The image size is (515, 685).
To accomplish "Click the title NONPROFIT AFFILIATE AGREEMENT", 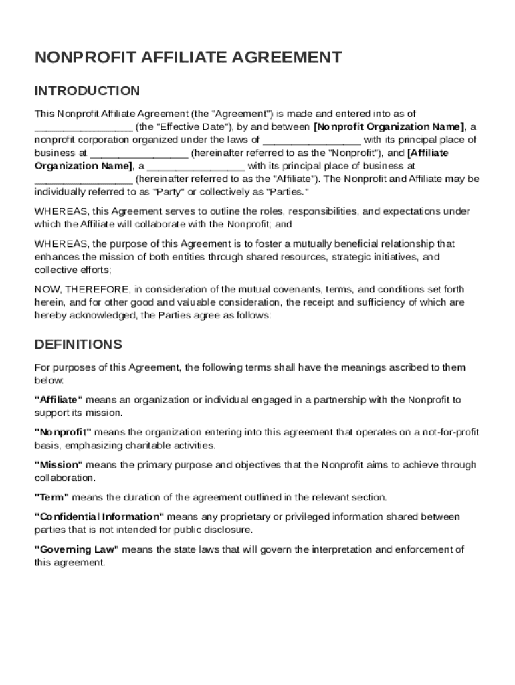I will point(188,57).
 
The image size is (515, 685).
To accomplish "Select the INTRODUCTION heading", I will point(87,91).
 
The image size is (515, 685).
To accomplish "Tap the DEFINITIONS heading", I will point(78,345).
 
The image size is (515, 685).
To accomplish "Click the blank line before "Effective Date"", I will point(84,127).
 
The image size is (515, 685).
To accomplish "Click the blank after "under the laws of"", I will point(312,140).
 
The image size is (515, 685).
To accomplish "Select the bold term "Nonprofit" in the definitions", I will point(63,432).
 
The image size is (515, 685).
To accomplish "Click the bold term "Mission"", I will point(59,465).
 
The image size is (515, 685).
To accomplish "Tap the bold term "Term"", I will point(51,497).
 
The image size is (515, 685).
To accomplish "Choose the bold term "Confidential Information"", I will point(99,517).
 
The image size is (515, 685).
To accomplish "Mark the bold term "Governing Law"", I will point(76,549).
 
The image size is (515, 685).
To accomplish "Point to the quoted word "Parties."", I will point(288,192).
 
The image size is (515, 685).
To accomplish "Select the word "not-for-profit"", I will point(448,432).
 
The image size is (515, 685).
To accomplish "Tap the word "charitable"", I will point(140,445).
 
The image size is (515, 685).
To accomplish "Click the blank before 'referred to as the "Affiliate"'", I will point(84,179).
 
